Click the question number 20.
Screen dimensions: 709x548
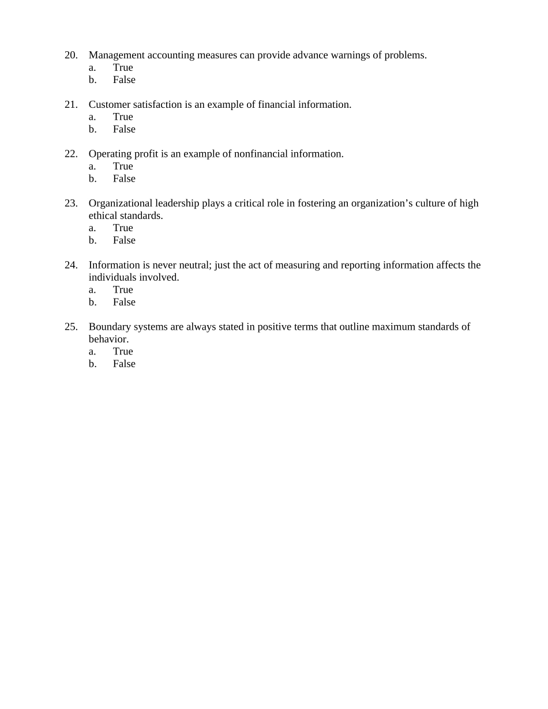click(71, 55)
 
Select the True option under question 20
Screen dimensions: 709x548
click(123, 67)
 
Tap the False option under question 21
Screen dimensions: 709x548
click(124, 129)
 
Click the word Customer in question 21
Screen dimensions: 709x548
click(110, 105)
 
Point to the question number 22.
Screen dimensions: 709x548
click(71, 154)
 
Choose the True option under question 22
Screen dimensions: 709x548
click(123, 166)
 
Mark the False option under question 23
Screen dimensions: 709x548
click(124, 240)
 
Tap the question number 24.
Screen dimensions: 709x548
click(71, 265)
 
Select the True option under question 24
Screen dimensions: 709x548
click(123, 289)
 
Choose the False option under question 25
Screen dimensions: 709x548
click(124, 364)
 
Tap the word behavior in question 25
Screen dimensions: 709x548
click(108, 339)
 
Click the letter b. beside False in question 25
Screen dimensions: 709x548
click(92, 364)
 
